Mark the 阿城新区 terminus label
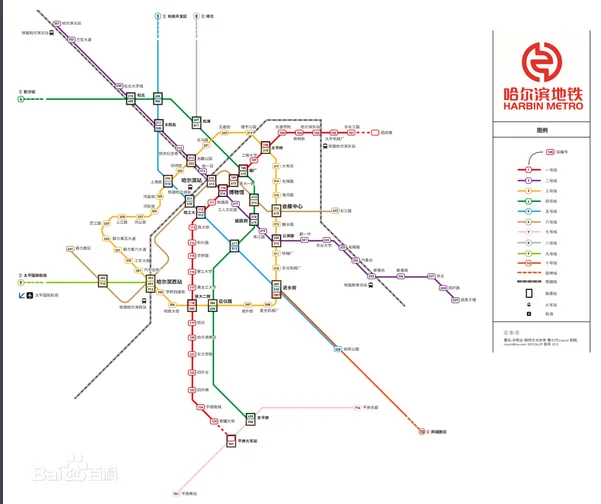pyautogui.click(x=436, y=431)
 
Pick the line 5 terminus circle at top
pyautogui.click(x=157, y=17)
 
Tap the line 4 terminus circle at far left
pyautogui.click(x=19, y=99)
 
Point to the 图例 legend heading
pyautogui.click(x=543, y=131)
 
